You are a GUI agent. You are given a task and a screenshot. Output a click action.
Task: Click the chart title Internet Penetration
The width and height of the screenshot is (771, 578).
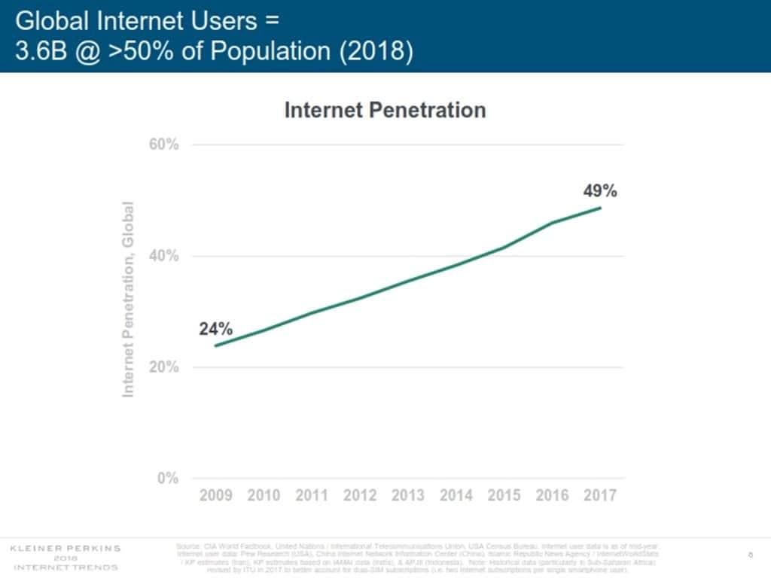click(385, 110)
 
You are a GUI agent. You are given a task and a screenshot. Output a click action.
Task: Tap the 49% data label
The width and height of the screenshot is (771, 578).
click(600, 191)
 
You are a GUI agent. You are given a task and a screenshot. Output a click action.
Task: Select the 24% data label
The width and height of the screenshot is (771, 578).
click(215, 329)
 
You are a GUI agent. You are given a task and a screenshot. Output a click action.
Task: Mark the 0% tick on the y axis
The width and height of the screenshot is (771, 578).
click(167, 479)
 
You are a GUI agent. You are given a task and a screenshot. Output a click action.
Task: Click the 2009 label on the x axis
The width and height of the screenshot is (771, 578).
click(215, 495)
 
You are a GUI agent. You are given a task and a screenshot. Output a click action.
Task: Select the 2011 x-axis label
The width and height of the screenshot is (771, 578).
click(312, 495)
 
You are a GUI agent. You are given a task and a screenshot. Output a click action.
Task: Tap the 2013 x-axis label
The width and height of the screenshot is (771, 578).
click(407, 495)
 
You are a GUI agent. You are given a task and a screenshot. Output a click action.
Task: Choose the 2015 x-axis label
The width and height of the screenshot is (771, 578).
click(504, 495)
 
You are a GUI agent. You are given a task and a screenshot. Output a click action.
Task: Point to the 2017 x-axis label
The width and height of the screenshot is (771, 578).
click(600, 495)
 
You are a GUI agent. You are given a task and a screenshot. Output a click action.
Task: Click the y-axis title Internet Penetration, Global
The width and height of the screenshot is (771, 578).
click(129, 299)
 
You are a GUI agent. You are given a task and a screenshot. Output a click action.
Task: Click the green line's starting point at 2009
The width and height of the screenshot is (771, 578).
click(215, 345)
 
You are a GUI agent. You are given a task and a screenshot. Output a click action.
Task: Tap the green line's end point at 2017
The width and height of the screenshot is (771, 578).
click(600, 208)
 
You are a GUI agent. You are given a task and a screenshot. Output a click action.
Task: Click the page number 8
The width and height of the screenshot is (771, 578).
click(751, 555)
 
